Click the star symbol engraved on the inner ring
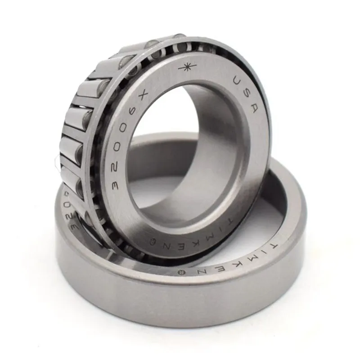(x=187, y=68)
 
